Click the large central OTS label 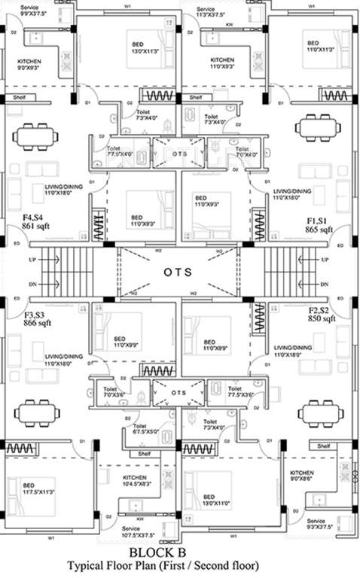180,271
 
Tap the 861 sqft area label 35,225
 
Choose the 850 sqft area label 320,319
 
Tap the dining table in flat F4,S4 35,136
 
